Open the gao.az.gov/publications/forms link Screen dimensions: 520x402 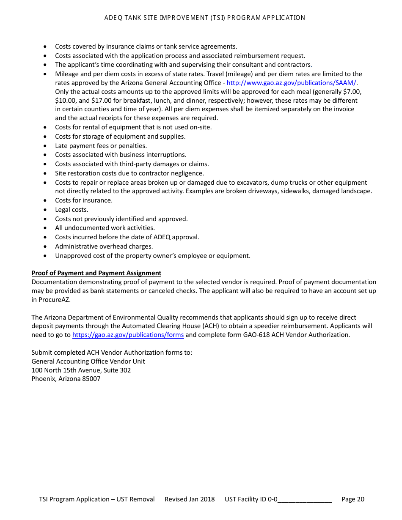[x=128, y=335]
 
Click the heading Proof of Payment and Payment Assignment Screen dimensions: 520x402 [x=96, y=273]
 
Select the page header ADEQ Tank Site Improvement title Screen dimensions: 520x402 [x=205, y=18]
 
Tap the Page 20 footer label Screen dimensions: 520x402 [x=352, y=499]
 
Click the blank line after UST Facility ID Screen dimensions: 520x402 [x=304, y=499]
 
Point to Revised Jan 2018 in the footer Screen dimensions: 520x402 [x=190, y=499]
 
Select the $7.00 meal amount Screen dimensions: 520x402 [x=352, y=92]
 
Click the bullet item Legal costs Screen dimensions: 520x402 [x=72, y=210]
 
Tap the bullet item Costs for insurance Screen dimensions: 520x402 [x=84, y=200]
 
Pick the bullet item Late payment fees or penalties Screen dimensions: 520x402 [x=101, y=146]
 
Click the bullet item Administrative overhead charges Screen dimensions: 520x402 [x=104, y=246]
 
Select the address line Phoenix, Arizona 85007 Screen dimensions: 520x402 [x=66, y=379]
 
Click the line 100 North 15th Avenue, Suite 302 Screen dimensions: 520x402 [x=81, y=370]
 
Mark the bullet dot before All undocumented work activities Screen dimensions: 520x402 [x=46, y=228]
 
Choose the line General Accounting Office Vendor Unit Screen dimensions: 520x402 [x=88, y=361]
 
